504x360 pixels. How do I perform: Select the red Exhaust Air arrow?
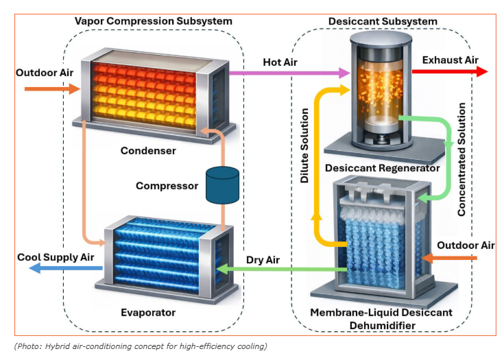point(450,71)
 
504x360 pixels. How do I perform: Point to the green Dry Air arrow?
point(281,269)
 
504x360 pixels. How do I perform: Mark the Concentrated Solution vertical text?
point(461,159)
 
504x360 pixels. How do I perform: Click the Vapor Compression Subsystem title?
point(153,21)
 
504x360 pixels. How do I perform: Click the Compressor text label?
point(167,186)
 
